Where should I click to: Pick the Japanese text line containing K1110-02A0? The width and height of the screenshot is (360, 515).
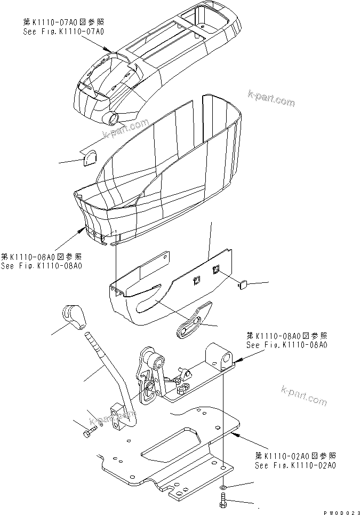pos(295,456)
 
